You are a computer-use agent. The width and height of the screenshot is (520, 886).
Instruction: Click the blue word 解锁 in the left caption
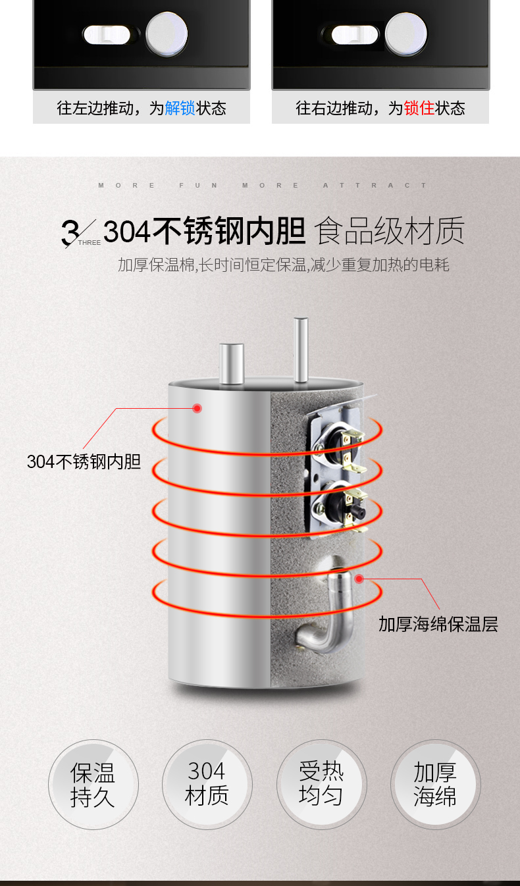tap(180, 108)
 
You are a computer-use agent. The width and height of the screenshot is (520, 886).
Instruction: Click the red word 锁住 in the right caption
tap(419, 108)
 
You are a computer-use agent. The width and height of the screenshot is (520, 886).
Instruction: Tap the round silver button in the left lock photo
tap(167, 34)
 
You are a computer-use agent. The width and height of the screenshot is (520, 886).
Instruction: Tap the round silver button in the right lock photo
tap(405, 34)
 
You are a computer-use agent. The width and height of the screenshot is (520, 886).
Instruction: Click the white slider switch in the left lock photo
tap(107, 35)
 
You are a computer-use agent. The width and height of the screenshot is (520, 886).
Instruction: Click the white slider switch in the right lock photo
tap(355, 35)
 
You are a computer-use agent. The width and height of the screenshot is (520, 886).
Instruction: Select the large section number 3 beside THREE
tap(70, 232)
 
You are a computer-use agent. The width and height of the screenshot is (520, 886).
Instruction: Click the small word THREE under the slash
tap(90, 243)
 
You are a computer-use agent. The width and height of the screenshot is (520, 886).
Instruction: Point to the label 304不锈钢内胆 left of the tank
tap(84, 461)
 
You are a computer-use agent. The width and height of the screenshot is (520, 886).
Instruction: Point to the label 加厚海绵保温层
tap(438, 624)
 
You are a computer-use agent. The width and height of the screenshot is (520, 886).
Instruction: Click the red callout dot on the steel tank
tap(197, 408)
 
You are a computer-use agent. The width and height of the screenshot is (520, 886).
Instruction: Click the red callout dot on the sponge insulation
tap(359, 579)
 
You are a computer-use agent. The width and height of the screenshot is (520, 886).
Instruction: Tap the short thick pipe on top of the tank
tap(231, 364)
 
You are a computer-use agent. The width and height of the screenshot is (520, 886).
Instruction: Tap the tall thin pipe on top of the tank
tap(301, 350)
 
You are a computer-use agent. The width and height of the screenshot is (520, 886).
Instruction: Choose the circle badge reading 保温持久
tap(93, 785)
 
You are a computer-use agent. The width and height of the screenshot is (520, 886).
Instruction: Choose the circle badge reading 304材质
tap(207, 785)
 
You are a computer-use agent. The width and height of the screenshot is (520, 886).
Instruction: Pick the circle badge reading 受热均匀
tap(321, 785)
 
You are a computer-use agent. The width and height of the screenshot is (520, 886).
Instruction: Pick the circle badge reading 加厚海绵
tap(436, 785)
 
